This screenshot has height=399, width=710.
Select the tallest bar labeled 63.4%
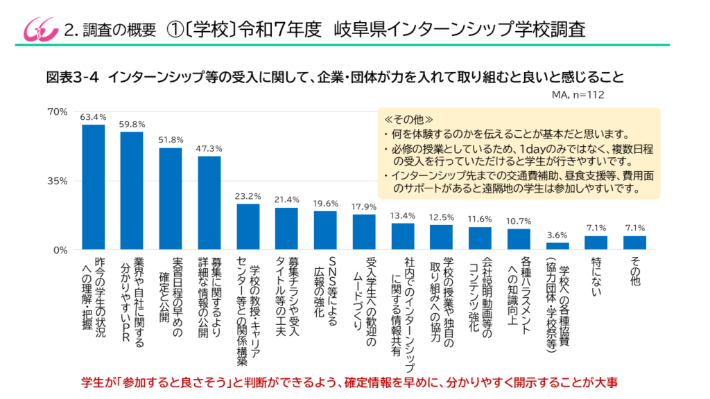pos(93,187)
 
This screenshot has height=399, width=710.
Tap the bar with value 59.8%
pos(132,190)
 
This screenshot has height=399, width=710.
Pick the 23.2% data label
pos(248,196)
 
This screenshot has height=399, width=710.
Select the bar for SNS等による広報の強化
pos(325,230)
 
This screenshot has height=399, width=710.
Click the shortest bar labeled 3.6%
pos(557,246)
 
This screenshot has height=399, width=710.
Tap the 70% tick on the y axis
pos(57,112)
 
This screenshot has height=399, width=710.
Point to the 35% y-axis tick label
pos(57,181)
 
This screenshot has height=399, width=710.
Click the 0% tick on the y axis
pos(60,249)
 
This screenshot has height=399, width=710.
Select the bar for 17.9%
pos(364,232)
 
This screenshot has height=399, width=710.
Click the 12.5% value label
pos(441,218)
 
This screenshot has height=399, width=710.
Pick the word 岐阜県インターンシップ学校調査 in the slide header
pos(459,30)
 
